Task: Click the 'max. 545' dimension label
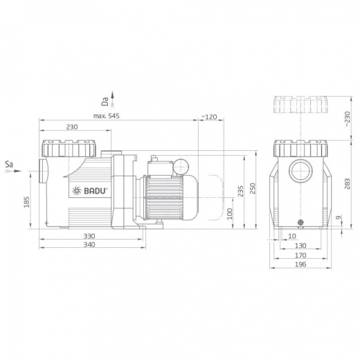click(x=107, y=116)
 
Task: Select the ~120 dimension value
click(x=209, y=117)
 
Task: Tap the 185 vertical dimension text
click(x=27, y=202)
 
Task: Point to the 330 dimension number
click(x=89, y=236)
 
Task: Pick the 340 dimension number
click(x=89, y=244)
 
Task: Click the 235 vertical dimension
click(x=240, y=191)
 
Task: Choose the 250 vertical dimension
click(x=253, y=188)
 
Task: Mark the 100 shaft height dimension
click(x=230, y=214)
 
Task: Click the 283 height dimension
click(x=347, y=183)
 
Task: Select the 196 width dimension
click(x=300, y=264)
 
